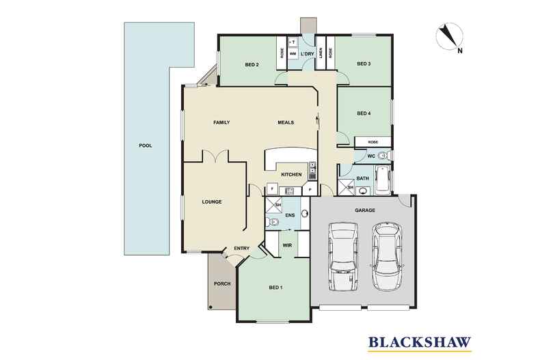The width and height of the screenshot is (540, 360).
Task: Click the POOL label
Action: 146,146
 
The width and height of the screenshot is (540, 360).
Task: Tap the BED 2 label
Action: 252,65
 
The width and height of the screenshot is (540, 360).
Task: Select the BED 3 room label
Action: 364,64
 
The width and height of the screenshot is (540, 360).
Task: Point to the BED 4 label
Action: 364,113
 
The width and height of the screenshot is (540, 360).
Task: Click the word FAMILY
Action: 221,122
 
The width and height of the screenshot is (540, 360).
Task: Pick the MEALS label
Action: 286,122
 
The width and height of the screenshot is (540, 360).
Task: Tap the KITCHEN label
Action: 291,174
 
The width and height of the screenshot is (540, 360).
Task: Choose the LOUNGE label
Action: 212,202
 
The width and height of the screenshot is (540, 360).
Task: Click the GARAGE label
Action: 365,210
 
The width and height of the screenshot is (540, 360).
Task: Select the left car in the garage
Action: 342,256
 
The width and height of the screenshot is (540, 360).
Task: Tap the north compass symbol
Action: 449,37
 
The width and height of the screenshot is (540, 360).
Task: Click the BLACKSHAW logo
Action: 420,343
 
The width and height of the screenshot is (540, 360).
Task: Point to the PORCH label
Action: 222,283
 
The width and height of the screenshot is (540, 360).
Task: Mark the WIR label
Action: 287,245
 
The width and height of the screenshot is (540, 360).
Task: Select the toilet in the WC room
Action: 383,156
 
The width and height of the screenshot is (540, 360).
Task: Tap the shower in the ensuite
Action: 273,206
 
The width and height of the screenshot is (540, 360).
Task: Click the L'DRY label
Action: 307,54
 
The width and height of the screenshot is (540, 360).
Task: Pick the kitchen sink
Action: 312,171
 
